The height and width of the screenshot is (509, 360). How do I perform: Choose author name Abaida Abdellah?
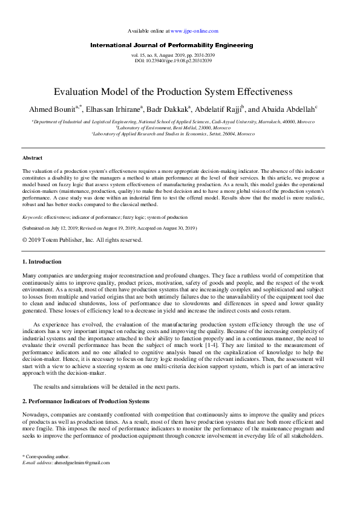coord(286,109)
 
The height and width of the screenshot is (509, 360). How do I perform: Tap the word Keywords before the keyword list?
coord(35,216)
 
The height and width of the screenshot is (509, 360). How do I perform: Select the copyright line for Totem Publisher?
coord(82,239)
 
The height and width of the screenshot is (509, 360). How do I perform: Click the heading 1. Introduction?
coord(42,262)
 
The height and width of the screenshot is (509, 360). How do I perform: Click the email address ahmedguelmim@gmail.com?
coord(82,462)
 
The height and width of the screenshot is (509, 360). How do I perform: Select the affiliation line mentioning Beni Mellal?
coord(172,128)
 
